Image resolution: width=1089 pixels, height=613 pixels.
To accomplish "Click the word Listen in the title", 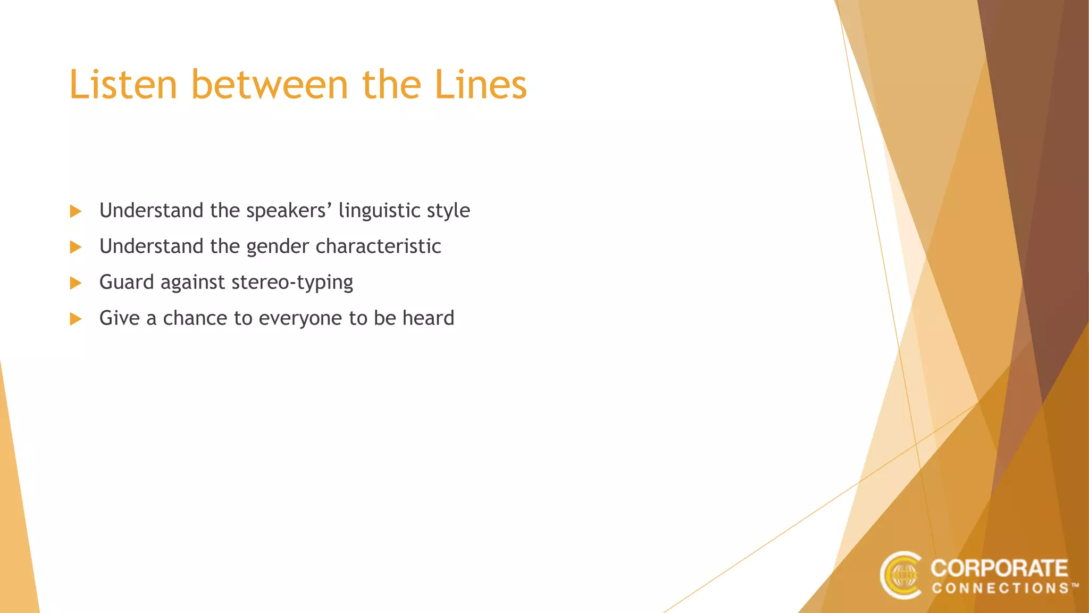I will [123, 85].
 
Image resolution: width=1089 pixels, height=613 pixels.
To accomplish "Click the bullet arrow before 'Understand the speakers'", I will [76, 211].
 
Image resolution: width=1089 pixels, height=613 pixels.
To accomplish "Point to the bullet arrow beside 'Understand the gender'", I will [76, 247].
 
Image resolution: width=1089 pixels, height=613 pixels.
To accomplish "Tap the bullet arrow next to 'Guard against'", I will [76, 283].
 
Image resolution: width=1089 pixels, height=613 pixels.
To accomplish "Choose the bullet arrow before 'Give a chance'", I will [76, 319].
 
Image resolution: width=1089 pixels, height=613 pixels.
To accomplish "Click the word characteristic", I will [378, 246].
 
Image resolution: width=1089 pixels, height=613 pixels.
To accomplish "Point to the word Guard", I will [127, 282].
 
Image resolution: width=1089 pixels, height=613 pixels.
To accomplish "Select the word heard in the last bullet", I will [428, 318].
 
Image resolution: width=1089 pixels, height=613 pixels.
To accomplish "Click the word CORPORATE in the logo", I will [999, 568].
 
